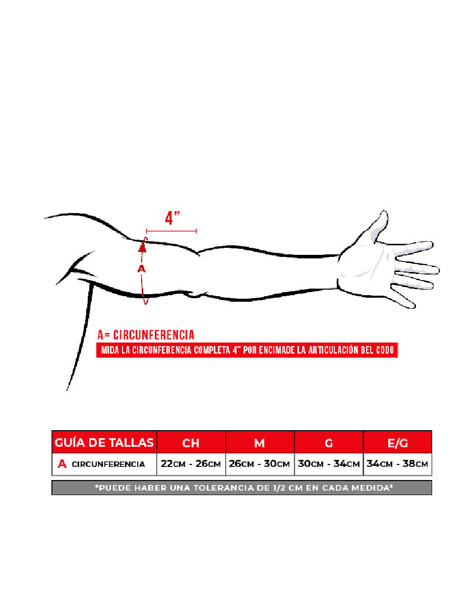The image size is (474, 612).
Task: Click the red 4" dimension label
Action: click(x=172, y=218)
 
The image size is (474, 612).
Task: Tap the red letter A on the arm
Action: click(x=142, y=269)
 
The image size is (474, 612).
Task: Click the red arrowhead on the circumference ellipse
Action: click(x=143, y=246)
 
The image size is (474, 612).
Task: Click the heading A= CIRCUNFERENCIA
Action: click(x=146, y=335)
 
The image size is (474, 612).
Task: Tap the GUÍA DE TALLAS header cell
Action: click(x=104, y=443)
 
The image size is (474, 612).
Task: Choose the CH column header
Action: click(x=191, y=443)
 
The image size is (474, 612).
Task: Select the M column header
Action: click(x=259, y=443)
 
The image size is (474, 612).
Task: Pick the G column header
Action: click(x=328, y=443)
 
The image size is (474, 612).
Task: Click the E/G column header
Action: click(x=397, y=443)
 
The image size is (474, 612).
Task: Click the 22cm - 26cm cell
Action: click(x=191, y=464)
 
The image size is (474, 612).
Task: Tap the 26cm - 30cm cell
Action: click(x=259, y=464)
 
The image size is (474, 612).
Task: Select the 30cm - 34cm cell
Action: click(x=328, y=464)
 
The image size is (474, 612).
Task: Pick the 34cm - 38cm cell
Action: click(x=397, y=464)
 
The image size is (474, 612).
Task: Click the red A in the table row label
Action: click(x=62, y=464)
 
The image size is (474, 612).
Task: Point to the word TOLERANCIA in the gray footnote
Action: click(x=240, y=488)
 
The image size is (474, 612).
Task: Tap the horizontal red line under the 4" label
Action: click(x=171, y=231)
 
